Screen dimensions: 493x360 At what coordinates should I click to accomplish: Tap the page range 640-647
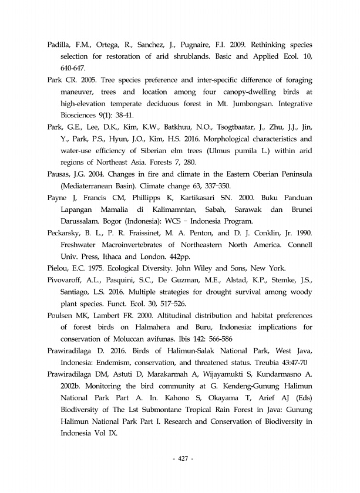tap(73, 67)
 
